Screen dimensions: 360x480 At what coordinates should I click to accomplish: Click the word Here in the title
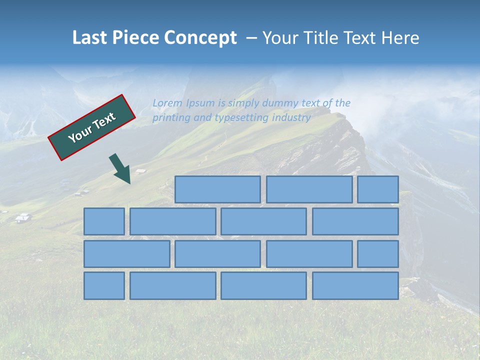point(399,38)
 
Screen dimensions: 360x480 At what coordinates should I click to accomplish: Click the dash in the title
point(251,38)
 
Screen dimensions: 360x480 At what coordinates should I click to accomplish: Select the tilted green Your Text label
point(91,127)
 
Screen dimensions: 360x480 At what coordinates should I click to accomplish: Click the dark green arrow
point(120,169)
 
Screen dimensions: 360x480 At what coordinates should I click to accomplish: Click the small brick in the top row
point(378,189)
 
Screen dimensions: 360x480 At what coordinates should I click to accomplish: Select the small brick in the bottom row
point(104,285)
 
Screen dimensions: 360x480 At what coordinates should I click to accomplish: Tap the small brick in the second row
point(104,221)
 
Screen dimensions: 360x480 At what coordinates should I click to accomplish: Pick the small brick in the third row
point(378,253)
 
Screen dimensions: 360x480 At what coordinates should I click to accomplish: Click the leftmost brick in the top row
point(217,189)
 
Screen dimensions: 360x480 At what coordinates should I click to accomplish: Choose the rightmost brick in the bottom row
point(355,285)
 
